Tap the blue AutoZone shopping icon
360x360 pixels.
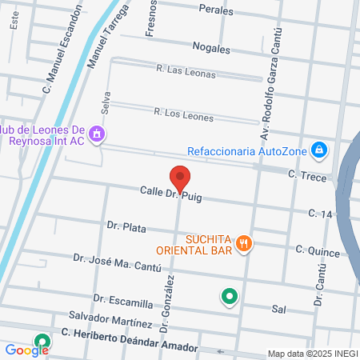click(x=319, y=149)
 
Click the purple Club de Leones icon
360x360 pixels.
click(x=97, y=134)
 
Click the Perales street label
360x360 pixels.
click(x=217, y=11)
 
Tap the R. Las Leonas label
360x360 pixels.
click(x=185, y=70)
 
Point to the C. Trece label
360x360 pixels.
click(x=307, y=176)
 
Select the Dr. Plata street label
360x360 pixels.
click(x=126, y=227)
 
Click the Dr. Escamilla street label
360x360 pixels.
click(x=122, y=301)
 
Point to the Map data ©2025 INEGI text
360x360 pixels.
click(x=310, y=354)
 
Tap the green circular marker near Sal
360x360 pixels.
click(x=230, y=297)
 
